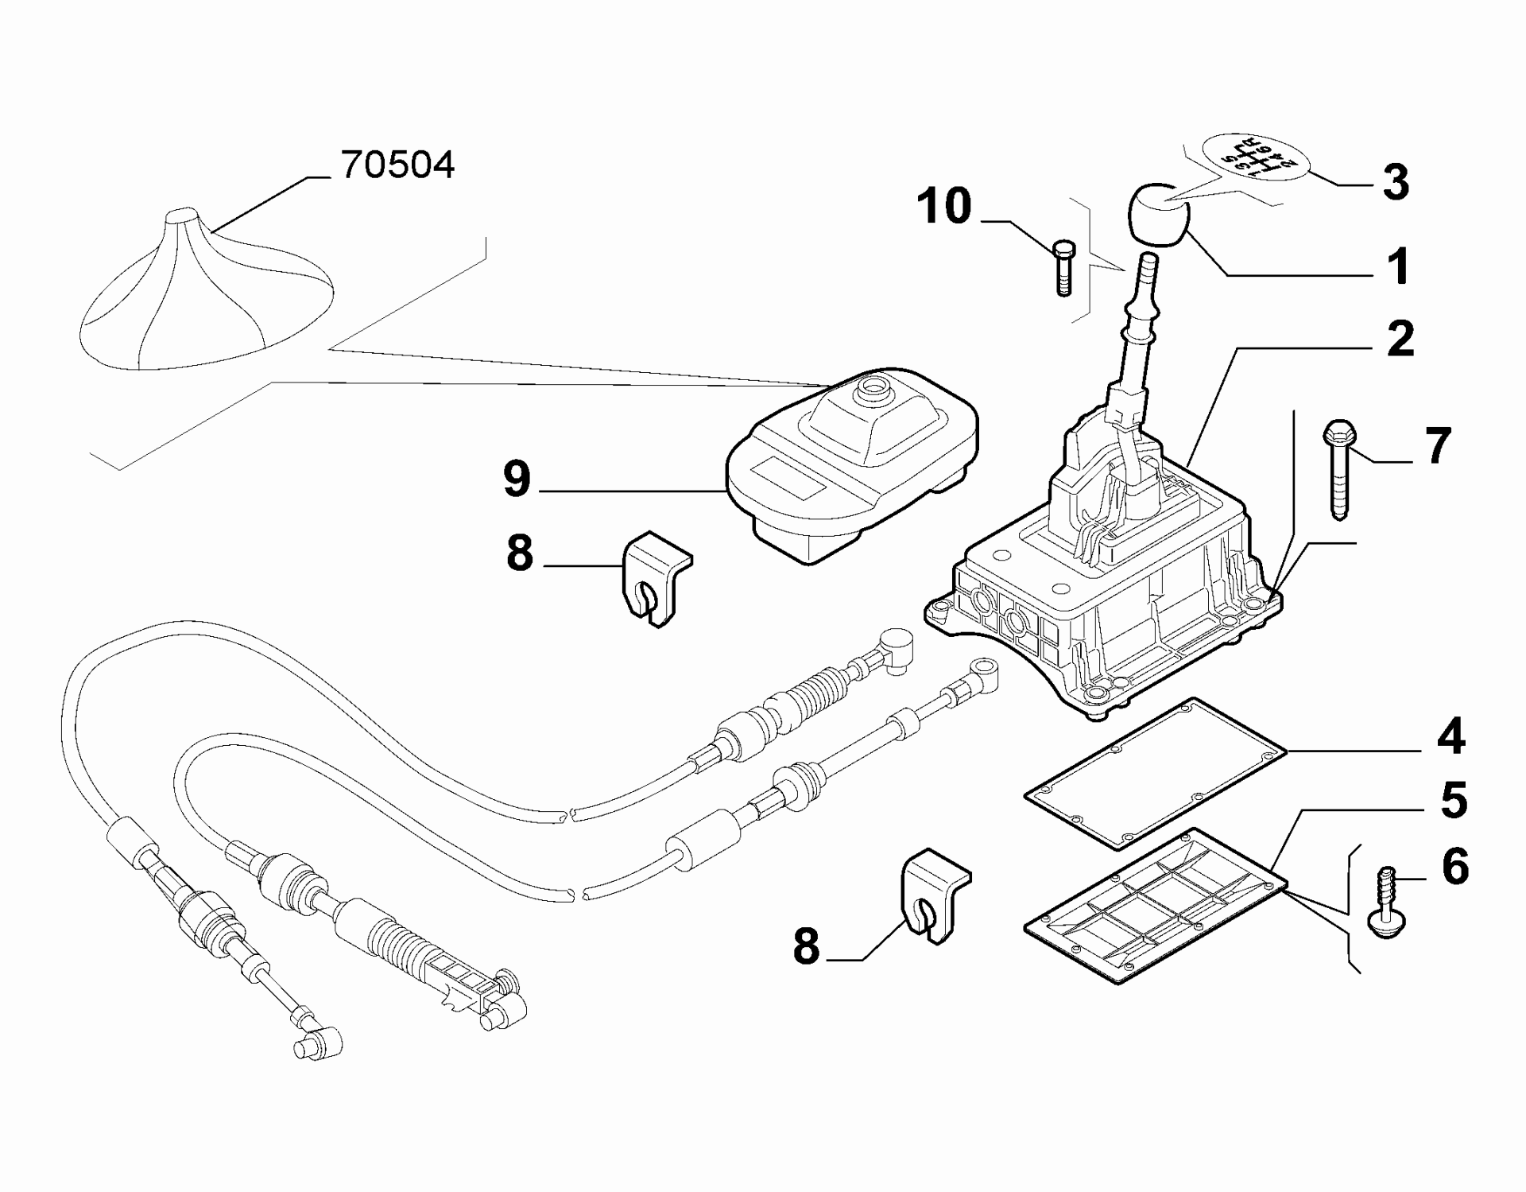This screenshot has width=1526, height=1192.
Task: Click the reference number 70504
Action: tap(397, 165)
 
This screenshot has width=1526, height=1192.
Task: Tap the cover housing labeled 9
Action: tap(850, 469)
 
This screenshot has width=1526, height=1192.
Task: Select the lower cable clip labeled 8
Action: tap(934, 898)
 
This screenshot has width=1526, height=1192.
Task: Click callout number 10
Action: tap(944, 207)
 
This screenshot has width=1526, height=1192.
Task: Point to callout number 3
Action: tap(1396, 182)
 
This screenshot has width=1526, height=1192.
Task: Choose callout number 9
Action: tap(517, 480)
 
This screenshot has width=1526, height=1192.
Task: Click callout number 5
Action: tap(1454, 801)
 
